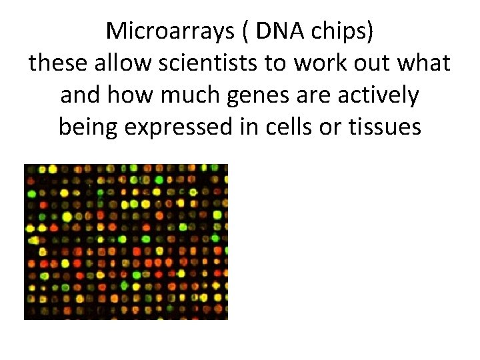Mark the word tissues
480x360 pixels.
[387, 127]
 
